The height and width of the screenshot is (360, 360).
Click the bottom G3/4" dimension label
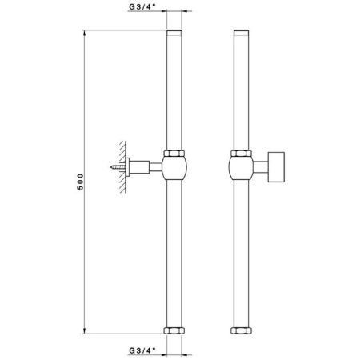(142, 349)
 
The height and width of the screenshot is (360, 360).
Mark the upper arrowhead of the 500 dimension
(86, 34)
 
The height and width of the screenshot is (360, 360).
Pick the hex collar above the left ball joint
(175, 152)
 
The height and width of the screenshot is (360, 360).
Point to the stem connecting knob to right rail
(261, 167)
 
